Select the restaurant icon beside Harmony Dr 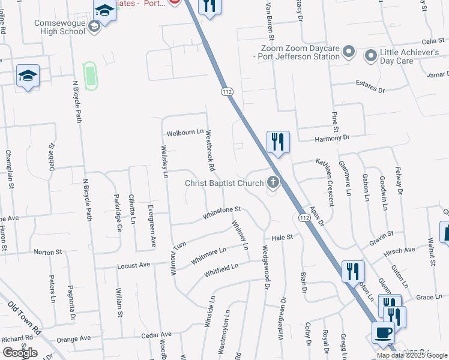tap(277, 142)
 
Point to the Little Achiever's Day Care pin tap(371, 56)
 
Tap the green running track tap(90, 76)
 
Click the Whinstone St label tap(221, 211)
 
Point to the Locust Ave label tap(133, 265)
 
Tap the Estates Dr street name tap(370, 86)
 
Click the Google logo tap(20, 353)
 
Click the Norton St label tap(48, 252)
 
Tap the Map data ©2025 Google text tap(412, 355)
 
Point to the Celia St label tap(432, 41)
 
